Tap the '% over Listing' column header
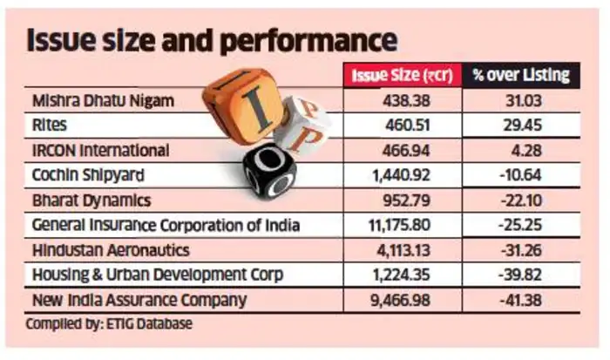[521, 76]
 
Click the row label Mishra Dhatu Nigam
[103, 100]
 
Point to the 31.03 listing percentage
[520, 100]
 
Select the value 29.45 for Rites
[520, 126]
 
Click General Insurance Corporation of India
[166, 225]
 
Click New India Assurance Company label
[139, 300]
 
